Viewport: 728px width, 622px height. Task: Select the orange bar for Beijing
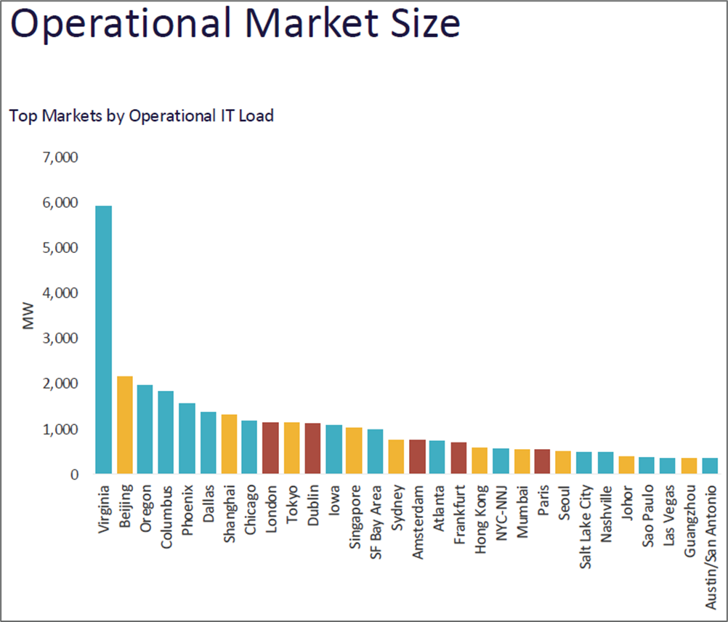tap(124, 425)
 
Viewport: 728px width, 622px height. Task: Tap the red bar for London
tap(270, 448)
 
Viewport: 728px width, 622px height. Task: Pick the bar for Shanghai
tap(229, 444)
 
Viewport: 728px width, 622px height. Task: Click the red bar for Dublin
tap(312, 448)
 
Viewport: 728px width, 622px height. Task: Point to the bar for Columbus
tap(166, 432)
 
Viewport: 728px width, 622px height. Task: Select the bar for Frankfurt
tap(458, 458)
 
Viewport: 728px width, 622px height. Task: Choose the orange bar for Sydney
tap(396, 457)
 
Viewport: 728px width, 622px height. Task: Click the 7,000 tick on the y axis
tap(61, 158)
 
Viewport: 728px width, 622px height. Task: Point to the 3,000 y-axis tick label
tap(61, 339)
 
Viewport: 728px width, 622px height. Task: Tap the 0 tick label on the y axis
tap(73, 474)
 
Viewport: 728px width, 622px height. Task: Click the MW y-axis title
tap(29, 316)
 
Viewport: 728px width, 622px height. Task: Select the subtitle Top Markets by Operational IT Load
tap(141, 116)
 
